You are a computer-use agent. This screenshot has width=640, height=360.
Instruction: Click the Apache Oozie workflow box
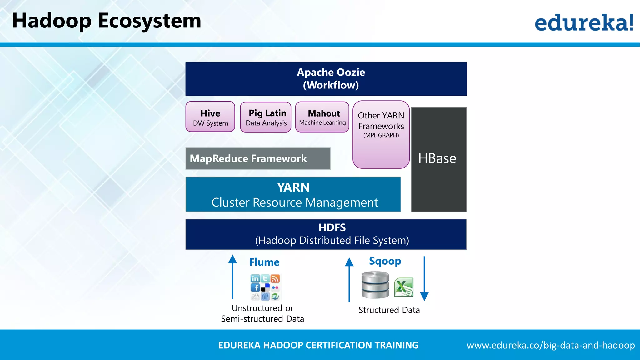(326, 79)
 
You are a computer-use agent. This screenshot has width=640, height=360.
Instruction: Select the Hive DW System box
(210, 117)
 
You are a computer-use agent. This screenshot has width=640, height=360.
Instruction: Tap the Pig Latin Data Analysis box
(266, 117)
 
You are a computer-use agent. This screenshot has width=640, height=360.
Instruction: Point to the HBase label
(437, 158)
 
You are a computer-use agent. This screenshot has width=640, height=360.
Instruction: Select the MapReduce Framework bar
(258, 159)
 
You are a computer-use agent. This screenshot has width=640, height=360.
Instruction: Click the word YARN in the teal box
(293, 187)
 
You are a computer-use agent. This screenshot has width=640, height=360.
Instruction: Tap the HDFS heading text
(332, 227)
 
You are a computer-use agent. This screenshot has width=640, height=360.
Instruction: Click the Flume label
(264, 262)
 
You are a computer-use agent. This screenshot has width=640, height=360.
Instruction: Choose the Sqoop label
(385, 261)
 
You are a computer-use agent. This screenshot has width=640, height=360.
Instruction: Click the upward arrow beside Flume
(232, 277)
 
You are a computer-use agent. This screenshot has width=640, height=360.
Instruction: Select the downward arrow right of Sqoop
(424, 278)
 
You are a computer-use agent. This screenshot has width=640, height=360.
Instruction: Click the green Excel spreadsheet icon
(404, 287)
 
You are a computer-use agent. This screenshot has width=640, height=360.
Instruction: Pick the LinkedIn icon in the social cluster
(255, 278)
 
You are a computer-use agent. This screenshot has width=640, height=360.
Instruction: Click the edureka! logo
(584, 22)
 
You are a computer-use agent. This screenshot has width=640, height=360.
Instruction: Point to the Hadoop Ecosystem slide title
(107, 21)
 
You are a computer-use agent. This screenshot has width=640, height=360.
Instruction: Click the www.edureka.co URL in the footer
(551, 345)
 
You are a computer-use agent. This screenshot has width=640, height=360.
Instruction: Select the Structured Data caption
(389, 310)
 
